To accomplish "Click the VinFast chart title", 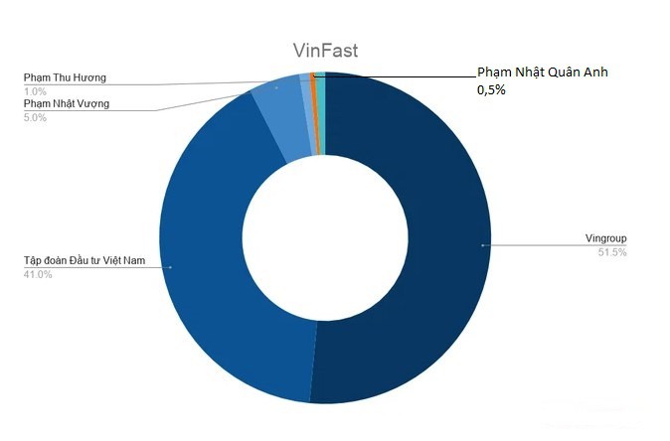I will click(x=325, y=52).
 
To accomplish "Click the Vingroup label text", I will click(x=605, y=238).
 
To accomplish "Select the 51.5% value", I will click(x=613, y=252).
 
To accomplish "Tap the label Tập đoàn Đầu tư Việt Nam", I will click(x=84, y=260).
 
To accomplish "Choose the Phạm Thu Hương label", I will click(x=65, y=77).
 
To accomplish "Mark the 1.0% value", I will click(x=35, y=90).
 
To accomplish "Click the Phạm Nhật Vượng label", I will click(x=67, y=103).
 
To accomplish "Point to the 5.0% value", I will click(x=36, y=117).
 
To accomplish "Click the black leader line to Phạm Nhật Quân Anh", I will click(x=398, y=75).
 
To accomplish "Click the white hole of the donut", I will click(x=325, y=238).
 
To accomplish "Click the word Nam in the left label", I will click(x=131, y=260).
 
